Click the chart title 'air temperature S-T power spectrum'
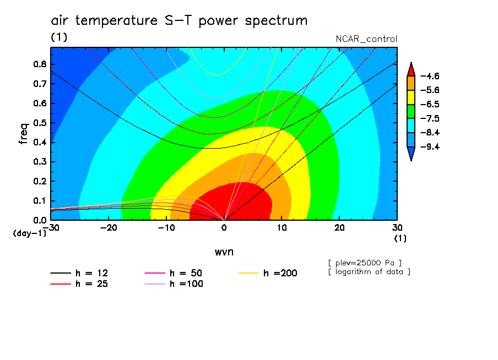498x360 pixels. (x=179, y=20)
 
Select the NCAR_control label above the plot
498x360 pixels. (x=366, y=39)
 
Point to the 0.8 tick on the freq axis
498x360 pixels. (x=40, y=64)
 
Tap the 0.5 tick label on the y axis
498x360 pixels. (x=40, y=123)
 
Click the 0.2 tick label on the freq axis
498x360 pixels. (x=40, y=181)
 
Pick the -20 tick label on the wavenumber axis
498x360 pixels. (x=109, y=228)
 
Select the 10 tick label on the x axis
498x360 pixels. (x=282, y=228)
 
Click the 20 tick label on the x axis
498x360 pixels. (x=339, y=228)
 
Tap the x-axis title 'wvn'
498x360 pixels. (x=224, y=252)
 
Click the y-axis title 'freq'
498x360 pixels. (x=24, y=133)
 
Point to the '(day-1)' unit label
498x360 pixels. (x=29, y=233)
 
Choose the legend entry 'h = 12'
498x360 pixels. (x=79, y=273)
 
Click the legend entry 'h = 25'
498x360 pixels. (x=79, y=284)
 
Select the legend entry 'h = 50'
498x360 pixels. (x=174, y=273)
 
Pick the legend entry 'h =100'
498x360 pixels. (x=174, y=284)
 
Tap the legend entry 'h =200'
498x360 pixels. (x=268, y=273)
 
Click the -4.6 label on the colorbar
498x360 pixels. (x=430, y=76)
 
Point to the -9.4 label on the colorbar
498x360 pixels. (x=430, y=146)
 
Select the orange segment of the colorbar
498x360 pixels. (x=411, y=83)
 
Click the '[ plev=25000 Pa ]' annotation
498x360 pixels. (x=365, y=263)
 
